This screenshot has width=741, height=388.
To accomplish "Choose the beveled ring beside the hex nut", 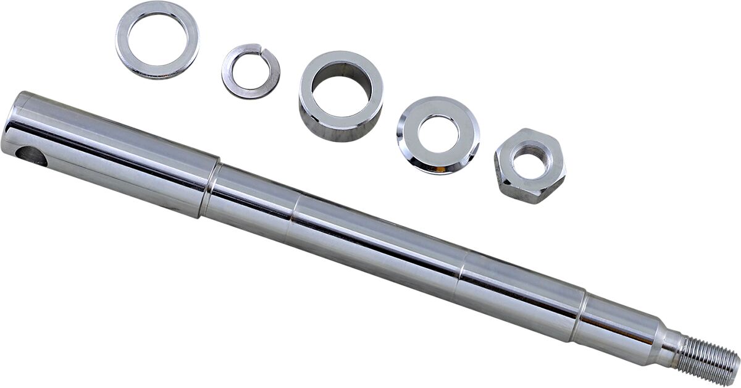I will (408, 154).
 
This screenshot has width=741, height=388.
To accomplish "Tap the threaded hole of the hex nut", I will (529, 162).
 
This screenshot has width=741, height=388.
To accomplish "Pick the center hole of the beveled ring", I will (438, 133).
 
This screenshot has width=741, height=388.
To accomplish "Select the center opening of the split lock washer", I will (251, 71).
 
